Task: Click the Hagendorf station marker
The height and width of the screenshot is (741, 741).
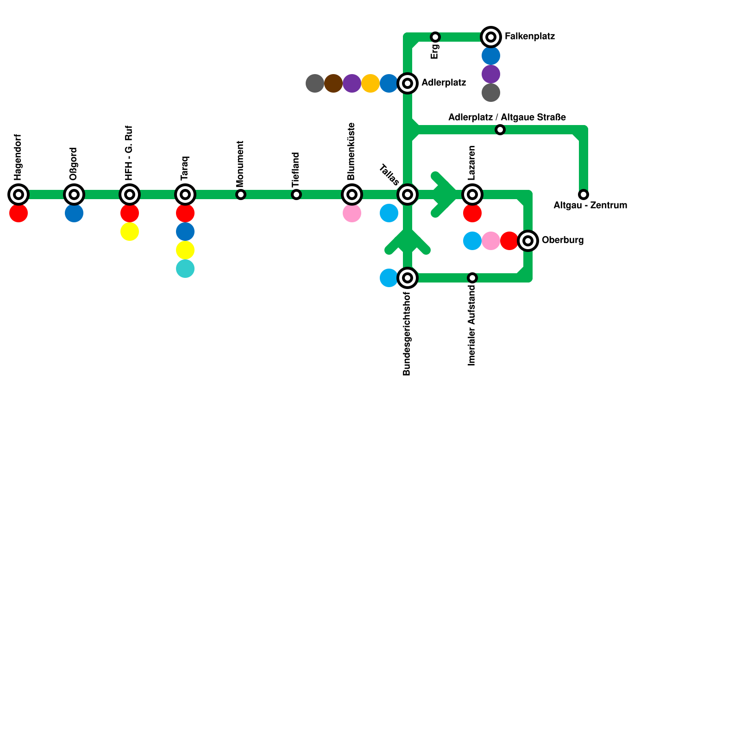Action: point(19,195)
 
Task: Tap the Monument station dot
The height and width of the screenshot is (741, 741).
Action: point(241,195)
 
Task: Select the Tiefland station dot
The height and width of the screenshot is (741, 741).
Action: point(296,195)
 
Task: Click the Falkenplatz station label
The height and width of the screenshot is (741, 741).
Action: point(529,36)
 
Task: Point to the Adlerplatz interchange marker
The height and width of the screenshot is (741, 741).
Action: point(408,83)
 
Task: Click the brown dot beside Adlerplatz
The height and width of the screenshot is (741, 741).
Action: point(333,83)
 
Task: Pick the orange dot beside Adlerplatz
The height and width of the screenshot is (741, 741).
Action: point(370,83)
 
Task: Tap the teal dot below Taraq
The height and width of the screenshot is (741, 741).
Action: point(185,269)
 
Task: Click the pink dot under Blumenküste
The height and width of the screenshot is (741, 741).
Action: point(352,213)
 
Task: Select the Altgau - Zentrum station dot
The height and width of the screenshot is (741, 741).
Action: point(584,195)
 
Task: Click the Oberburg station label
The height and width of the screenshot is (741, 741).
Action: point(562,240)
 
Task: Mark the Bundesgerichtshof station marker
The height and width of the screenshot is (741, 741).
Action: point(408,278)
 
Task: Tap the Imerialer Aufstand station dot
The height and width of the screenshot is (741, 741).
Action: point(472,278)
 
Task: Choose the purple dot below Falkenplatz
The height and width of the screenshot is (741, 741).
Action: point(491,74)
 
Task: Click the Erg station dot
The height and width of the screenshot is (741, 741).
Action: point(435,37)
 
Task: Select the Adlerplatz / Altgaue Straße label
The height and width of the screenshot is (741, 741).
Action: point(507,117)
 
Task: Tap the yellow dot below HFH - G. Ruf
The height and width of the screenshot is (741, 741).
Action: point(130,232)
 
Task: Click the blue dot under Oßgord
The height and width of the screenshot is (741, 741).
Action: point(74,213)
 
